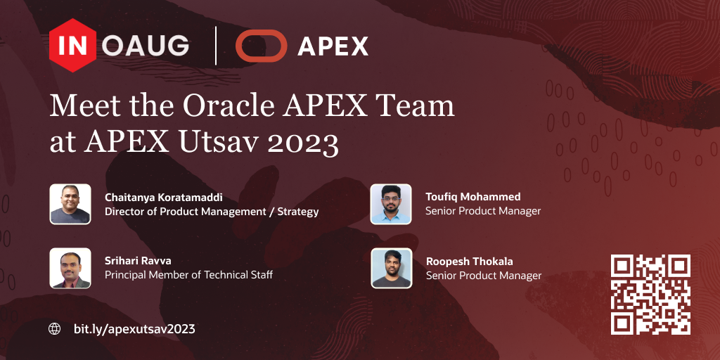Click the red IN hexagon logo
pos(72,46)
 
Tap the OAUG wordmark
pos(145,46)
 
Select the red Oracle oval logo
pos(262,46)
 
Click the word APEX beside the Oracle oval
pos(333,46)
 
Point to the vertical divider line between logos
pos(216,46)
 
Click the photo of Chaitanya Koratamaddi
pos(70,204)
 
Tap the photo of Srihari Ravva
pos(70,268)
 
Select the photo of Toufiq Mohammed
pos(391,204)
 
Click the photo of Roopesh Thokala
pos(391,268)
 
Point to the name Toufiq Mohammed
pos(473,197)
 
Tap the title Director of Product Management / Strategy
pos(212,212)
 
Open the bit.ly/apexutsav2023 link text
pos(134,329)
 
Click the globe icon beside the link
pos(55,329)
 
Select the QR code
pos(650,295)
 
